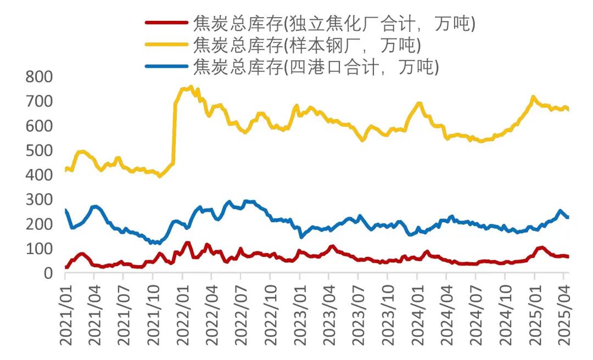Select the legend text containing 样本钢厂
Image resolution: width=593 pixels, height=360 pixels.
pos(306,44)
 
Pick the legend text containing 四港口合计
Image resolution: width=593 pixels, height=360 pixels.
pos(316,66)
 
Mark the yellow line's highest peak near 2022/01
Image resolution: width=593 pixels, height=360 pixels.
pos(191,86)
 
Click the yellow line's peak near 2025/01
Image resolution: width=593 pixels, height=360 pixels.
pos(533,97)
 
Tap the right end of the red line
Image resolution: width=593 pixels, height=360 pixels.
pos(568,256)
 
